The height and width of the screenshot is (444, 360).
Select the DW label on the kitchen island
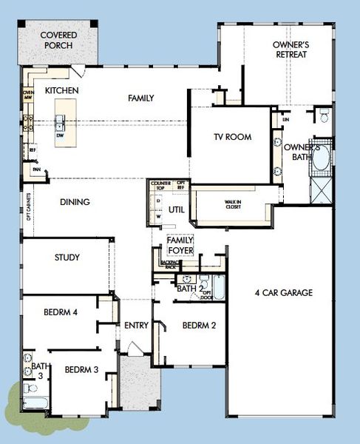(x=60, y=135)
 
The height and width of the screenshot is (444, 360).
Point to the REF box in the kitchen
(x=33, y=149)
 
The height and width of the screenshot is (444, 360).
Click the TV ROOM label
(x=233, y=137)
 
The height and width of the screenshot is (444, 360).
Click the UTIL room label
(x=176, y=209)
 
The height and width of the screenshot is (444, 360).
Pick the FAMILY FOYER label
(x=180, y=246)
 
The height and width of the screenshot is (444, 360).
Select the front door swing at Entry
(x=132, y=349)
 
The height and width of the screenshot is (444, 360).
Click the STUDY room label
(x=67, y=258)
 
